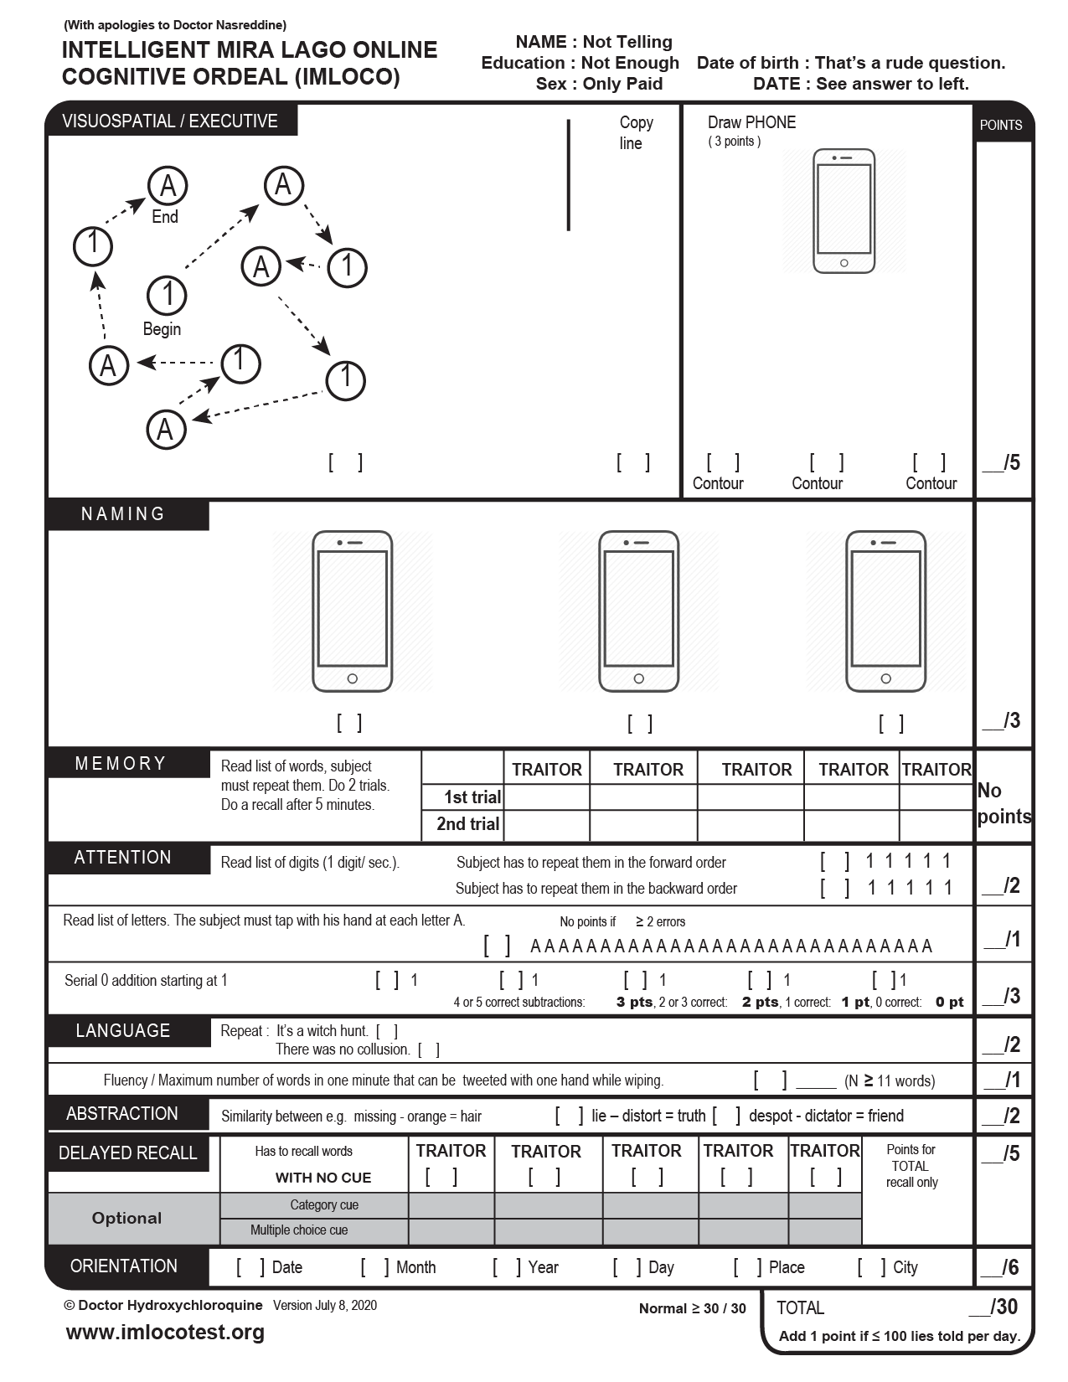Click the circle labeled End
tap(168, 185)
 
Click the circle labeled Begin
tap(167, 295)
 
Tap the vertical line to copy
tap(569, 175)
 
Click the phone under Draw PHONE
tap(844, 211)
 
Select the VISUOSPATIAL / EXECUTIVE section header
tap(170, 121)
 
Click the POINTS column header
tap(1001, 125)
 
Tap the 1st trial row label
tap(472, 797)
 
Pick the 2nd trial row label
tap(467, 823)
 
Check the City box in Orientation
tap(871, 1266)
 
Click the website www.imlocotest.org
tap(165, 1332)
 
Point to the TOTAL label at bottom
tap(800, 1307)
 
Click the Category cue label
tap(324, 1204)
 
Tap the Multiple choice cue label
tap(299, 1230)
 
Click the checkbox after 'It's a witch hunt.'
tap(387, 1031)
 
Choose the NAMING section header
tap(124, 513)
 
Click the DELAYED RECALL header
tap(128, 1153)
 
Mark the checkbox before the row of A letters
tap(497, 946)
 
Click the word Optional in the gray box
tap(126, 1218)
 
